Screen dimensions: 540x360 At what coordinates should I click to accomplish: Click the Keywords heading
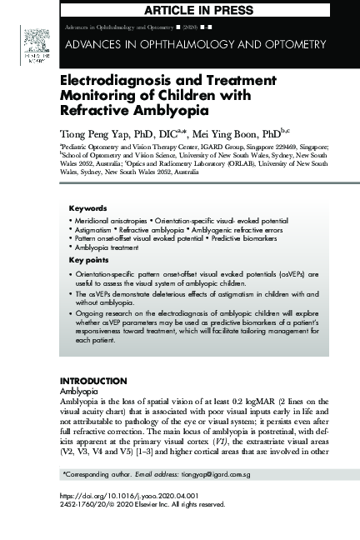87,208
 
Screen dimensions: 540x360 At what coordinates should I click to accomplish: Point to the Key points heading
88,260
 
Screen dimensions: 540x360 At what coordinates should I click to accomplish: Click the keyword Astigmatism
94,229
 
